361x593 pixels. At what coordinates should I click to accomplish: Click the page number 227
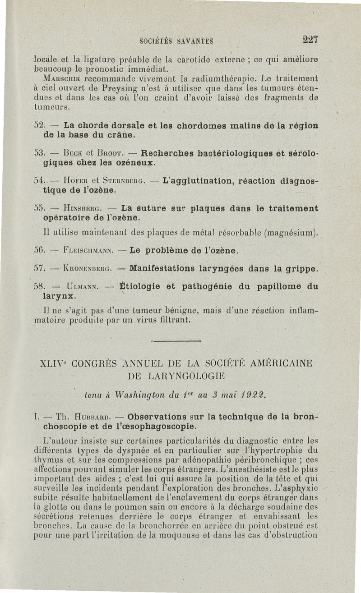pyautogui.click(x=311, y=39)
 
